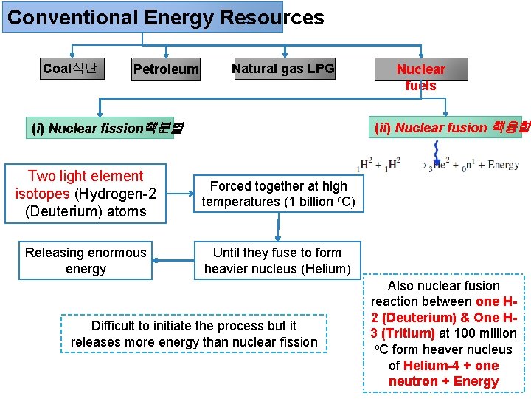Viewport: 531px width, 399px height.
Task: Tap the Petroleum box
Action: coord(166,69)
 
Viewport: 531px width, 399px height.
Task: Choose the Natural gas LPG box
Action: coord(283,69)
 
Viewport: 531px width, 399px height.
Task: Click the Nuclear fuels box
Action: coord(420,77)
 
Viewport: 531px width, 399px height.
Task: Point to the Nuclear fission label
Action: coord(108,128)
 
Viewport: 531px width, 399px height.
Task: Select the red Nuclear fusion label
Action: coord(451,127)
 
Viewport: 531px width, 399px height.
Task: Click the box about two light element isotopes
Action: coord(86,194)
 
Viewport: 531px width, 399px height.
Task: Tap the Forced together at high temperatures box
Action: coord(278,194)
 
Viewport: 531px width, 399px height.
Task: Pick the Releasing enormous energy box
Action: coord(86,261)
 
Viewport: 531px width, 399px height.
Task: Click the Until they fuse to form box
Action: coord(277,261)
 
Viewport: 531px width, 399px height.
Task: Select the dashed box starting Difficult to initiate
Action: coord(194,334)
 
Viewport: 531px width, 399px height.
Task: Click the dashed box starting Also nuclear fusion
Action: coord(443,333)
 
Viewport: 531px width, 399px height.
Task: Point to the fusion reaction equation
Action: coord(439,165)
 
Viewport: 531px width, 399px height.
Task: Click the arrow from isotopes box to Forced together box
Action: coord(179,194)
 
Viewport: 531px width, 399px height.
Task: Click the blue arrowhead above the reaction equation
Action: coord(437,161)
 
